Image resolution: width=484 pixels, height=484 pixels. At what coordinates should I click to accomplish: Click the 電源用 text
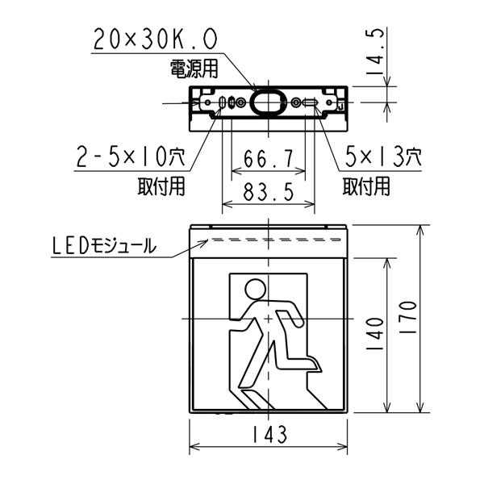pos(192,68)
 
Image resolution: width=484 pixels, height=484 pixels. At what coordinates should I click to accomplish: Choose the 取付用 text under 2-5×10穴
pos(161,186)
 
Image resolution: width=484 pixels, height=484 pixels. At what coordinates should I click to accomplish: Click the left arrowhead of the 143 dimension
pos(194,448)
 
